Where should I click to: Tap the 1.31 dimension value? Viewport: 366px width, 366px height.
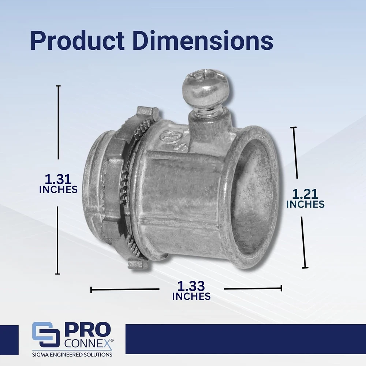click(x=58, y=179)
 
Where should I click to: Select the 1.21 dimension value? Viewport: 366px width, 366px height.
click(x=305, y=194)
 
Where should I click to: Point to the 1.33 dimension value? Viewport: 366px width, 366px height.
click(x=191, y=286)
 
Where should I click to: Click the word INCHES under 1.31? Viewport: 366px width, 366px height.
click(x=58, y=190)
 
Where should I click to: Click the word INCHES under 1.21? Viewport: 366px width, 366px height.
click(x=305, y=204)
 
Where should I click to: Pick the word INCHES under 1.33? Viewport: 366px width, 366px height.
click(x=191, y=296)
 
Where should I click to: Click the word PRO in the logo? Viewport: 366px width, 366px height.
click(x=88, y=330)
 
